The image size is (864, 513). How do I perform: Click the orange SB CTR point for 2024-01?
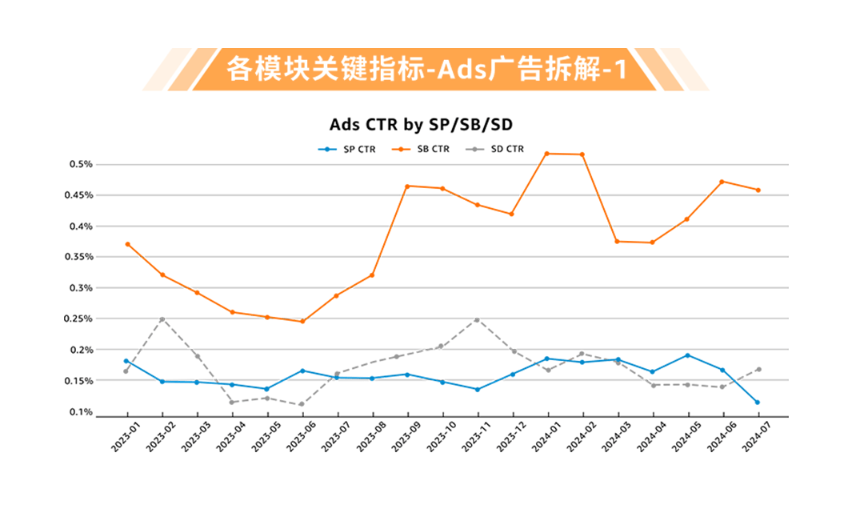pos(547,154)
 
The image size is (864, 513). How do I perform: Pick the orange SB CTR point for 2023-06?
pos(302,321)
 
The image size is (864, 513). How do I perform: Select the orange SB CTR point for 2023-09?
pos(407,186)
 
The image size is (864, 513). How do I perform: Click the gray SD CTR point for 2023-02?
pos(162,319)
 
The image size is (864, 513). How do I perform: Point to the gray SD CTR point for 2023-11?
pos(478,320)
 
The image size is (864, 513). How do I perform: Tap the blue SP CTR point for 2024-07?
pos(758,402)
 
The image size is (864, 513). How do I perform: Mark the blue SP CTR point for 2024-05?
pos(687,355)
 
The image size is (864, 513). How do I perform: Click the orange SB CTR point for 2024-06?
pos(722,182)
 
